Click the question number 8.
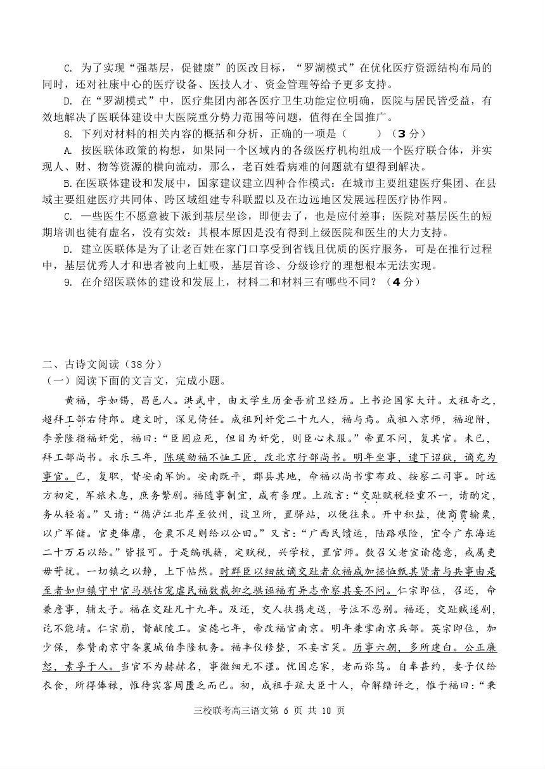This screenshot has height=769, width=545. (67, 134)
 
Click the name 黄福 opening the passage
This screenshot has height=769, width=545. (74, 400)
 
